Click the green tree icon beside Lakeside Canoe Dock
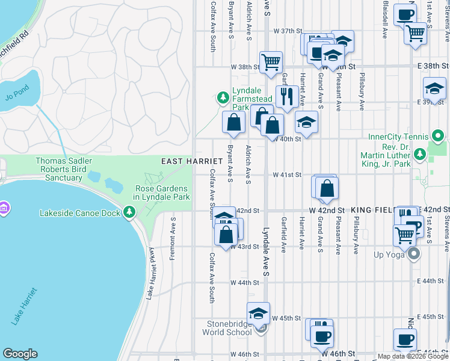(129, 212)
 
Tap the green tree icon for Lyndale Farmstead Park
(223, 97)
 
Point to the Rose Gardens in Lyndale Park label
(161, 192)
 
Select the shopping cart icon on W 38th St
(271, 61)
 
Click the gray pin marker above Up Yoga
(413, 255)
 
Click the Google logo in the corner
(20, 354)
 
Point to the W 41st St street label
(286, 175)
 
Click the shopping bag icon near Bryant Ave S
(233, 122)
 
